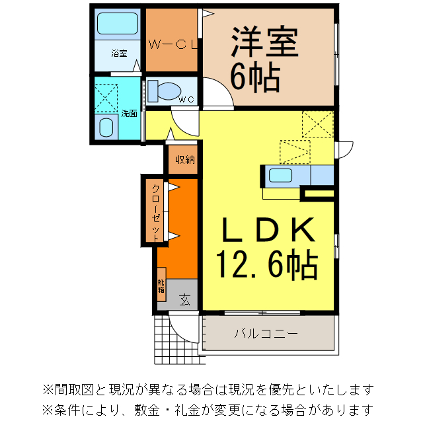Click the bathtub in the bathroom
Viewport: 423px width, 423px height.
coord(117,25)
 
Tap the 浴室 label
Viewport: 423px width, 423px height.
coord(119,53)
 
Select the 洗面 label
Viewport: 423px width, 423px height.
coord(129,113)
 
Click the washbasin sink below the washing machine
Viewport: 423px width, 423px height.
coord(106,127)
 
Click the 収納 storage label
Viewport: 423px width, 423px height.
coord(184,159)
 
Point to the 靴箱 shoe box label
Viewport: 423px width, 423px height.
coord(161,285)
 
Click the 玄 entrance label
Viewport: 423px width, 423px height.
coord(185,299)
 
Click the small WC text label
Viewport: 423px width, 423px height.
coord(186,100)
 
